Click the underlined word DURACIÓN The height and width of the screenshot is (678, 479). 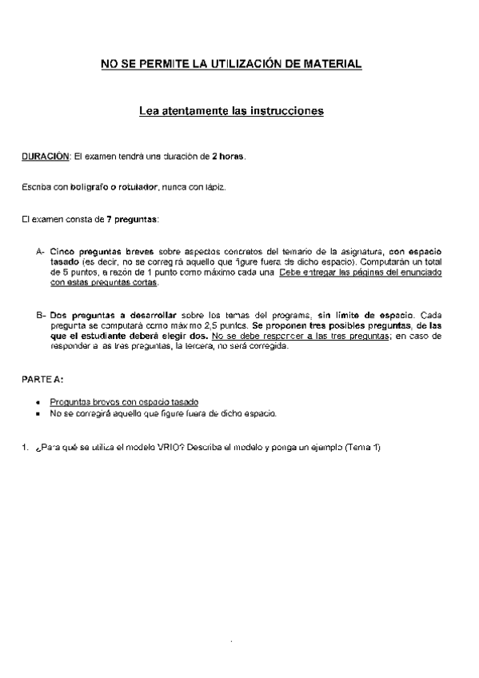45,156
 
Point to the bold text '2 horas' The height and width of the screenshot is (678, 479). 228,156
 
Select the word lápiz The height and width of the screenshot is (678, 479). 214,187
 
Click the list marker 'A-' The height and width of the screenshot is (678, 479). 40,252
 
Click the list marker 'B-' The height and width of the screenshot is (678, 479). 40,316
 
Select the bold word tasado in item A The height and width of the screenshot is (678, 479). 64,262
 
